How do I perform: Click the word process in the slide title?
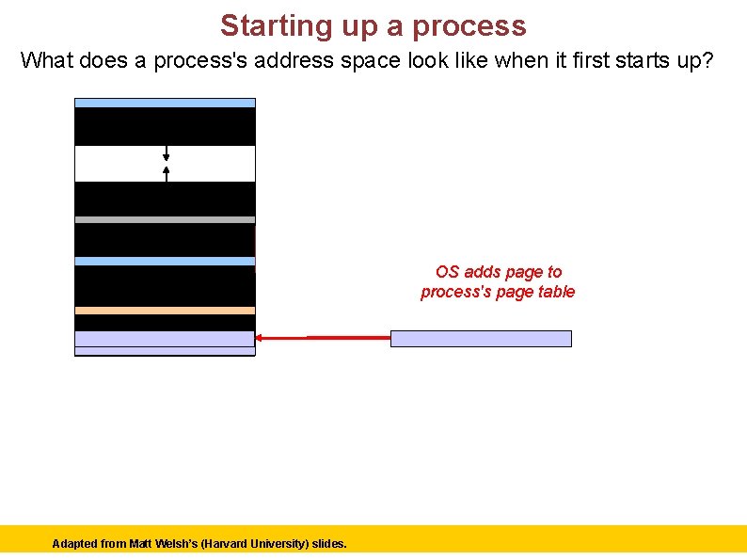point(473,25)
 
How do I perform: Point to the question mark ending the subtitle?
point(708,62)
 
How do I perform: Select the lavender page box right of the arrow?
point(481,339)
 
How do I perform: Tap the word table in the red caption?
point(556,292)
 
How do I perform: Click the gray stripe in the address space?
point(165,219)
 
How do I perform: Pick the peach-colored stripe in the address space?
point(165,310)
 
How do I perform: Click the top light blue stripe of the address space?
point(165,103)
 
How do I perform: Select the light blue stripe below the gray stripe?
point(165,261)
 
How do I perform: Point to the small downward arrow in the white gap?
point(167,152)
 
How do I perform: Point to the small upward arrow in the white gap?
point(167,173)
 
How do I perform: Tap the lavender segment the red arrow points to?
point(165,339)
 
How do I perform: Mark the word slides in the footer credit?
point(328,544)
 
